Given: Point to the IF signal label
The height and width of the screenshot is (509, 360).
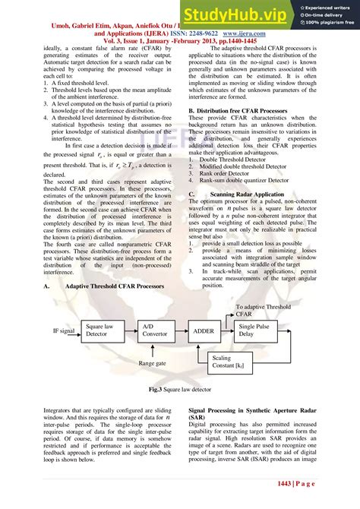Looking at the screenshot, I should click(64, 332).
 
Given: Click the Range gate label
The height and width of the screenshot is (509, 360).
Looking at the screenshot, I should click(151, 363).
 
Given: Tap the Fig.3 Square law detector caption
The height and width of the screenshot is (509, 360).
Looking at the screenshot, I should click(179, 388).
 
